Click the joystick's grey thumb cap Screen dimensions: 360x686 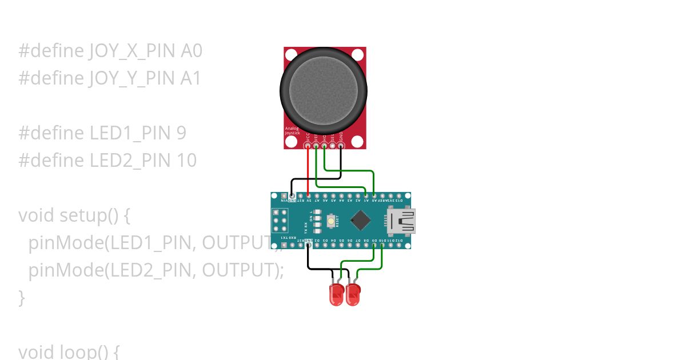[x=324, y=90]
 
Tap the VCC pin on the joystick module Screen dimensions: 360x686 [x=308, y=146]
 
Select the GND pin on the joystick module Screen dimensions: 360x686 [x=341, y=146]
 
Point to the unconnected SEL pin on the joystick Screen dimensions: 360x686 [x=333, y=146]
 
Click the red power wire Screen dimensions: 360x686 [x=308, y=171]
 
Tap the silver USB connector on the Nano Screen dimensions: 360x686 [x=402, y=221]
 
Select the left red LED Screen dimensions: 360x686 [x=337, y=294]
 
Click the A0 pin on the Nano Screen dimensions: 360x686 [x=374, y=195]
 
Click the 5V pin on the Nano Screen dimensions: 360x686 [x=308, y=195]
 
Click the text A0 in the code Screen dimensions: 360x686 [x=192, y=51]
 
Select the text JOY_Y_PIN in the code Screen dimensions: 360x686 [x=131, y=78]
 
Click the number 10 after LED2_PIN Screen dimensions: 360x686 [x=186, y=161]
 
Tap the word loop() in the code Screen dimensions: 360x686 [x=89, y=351]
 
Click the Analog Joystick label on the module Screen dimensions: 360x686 [x=292, y=131]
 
